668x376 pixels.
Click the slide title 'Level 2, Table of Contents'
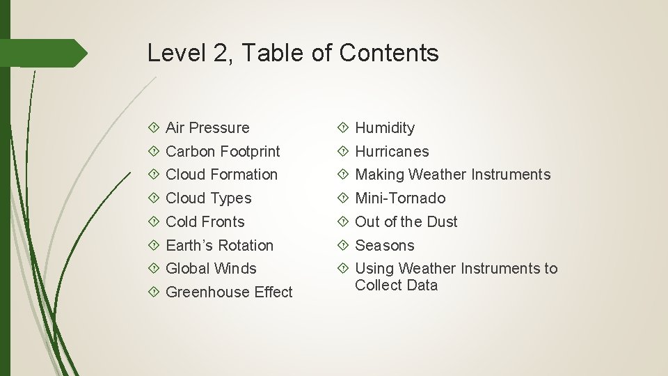tap(293, 53)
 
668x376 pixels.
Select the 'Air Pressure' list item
tap(207, 128)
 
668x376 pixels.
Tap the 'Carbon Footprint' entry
tap(223, 152)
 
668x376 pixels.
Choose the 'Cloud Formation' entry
tap(221, 175)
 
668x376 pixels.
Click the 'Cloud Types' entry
tap(208, 198)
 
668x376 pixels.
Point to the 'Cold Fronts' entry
tap(205, 222)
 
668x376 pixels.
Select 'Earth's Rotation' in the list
tap(219, 246)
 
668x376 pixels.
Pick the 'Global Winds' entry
tap(211, 269)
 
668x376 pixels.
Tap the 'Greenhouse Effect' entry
tap(229, 292)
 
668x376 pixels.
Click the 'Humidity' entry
tap(385, 128)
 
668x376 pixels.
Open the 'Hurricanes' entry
tap(392, 152)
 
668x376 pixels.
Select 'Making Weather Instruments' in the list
tap(452, 175)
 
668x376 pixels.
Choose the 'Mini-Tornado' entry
tap(400, 198)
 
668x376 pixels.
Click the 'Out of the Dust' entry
tap(406, 222)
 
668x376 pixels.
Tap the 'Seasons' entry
tap(384, 246)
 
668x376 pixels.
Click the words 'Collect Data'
tap(396, 285)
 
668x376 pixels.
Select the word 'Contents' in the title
tap(389, 53)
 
